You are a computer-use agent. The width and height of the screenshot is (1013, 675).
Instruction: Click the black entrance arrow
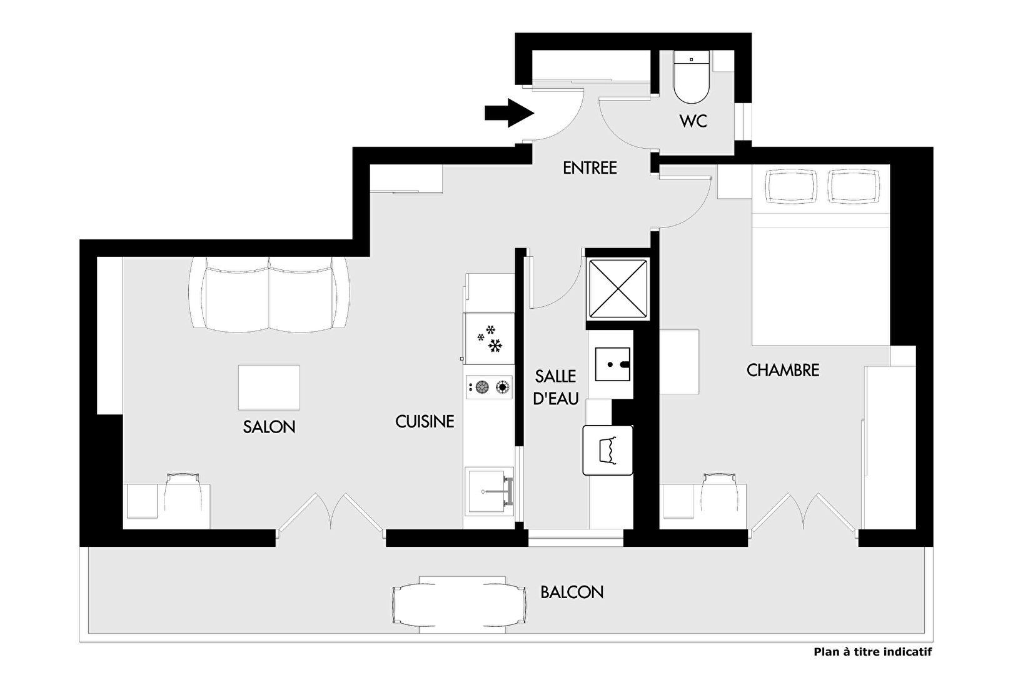[509, 113]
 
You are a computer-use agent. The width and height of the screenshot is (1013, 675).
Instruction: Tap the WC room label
[693, 121]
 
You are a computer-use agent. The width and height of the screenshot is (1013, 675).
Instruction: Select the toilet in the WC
[691, 77]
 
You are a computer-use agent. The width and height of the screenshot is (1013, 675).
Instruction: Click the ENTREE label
[590, 168]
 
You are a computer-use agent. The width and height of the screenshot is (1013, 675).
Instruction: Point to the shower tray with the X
[618, 289]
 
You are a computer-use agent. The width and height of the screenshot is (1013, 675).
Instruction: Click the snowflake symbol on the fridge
[490, 339]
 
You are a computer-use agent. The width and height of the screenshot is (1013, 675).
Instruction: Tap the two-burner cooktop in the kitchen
[490, 387]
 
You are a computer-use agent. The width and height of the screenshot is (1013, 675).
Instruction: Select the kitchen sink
[490, 491]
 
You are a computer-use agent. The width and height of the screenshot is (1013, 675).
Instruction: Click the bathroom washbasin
[613, 364]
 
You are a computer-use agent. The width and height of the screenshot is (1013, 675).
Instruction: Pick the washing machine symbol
[608, 450]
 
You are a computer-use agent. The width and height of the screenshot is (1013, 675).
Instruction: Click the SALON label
[269, 427]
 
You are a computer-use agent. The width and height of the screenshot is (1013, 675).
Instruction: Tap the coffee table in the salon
[269, 387]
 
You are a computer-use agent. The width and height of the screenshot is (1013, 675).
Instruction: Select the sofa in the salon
[269, 294]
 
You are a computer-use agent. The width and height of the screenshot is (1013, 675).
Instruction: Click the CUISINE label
[425, 422]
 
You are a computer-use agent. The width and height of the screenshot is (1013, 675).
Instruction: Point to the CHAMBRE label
[783, 371]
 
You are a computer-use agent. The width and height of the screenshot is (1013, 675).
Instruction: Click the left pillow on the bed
[792, 186]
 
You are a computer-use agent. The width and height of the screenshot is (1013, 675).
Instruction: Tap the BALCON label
[572, 592]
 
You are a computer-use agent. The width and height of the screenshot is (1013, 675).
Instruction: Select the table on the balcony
[460, 604]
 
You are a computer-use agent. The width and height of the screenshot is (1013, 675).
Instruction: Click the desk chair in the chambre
[719, 496]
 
